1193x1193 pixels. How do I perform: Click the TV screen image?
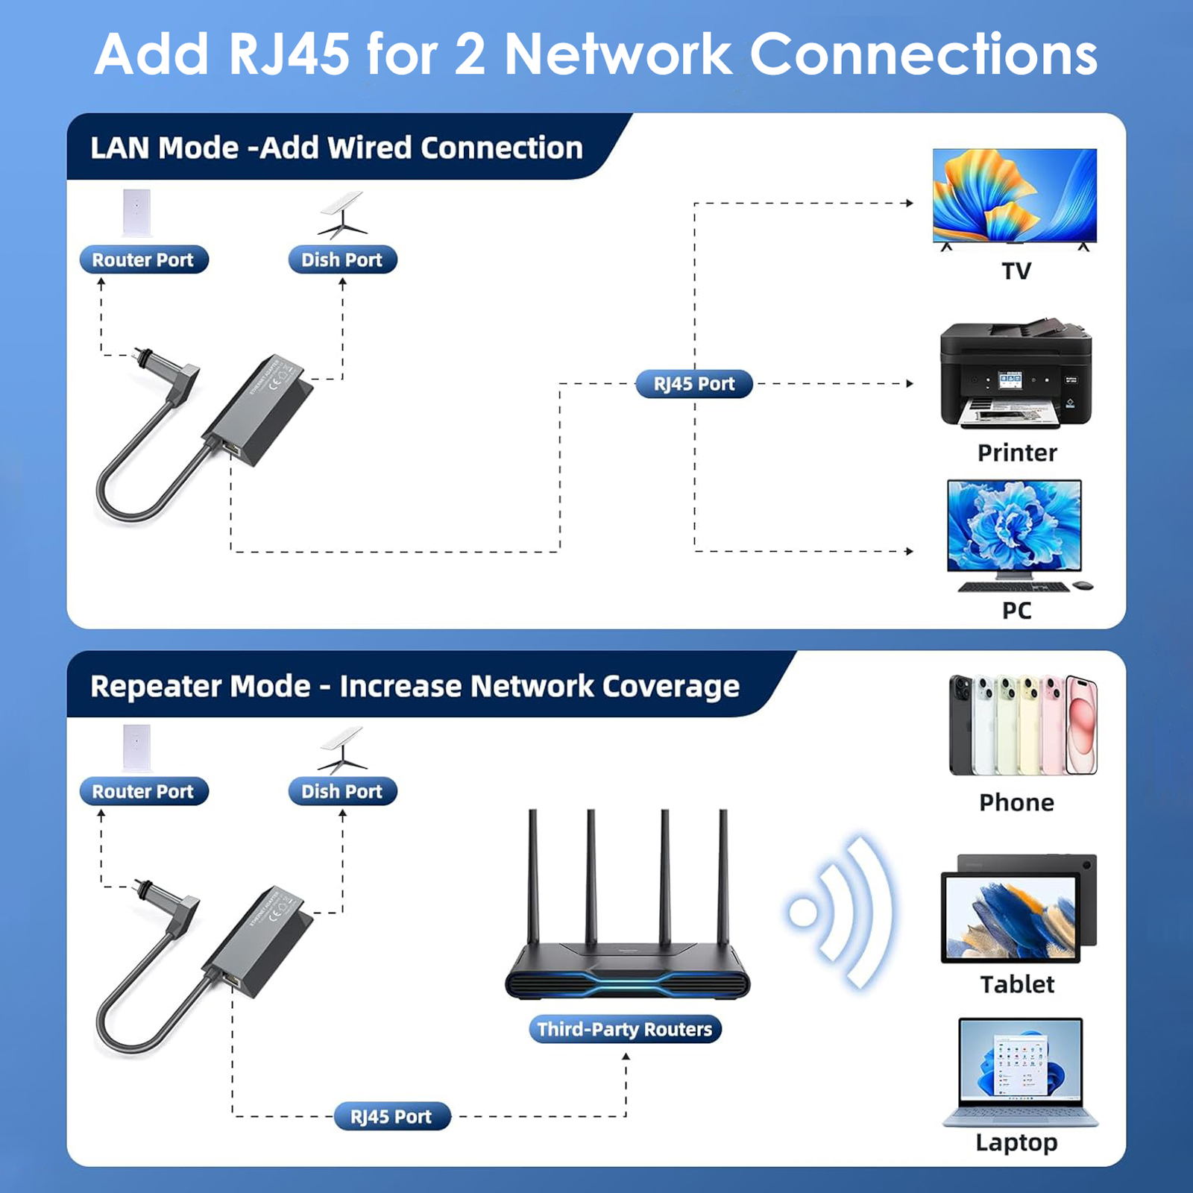[x=1014, y=195]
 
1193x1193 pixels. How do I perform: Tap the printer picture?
[x=1016, y=377]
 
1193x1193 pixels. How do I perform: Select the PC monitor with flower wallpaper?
[x=1014, y=526]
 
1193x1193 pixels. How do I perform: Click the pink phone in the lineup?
[x=1081, y=725]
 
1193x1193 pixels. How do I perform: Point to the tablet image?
[x=1018, y=910]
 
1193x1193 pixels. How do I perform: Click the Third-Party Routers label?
[x=625, y=1030]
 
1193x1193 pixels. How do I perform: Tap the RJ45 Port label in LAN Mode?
[x=693, y=384]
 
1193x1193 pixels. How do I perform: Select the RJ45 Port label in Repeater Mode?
[x=391, y=1116]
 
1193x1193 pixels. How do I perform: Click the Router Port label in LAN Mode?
[x=143, y=259]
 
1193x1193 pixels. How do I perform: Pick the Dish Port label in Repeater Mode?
[x=342, y=791]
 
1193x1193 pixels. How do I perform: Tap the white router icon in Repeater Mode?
[x=136, y=746]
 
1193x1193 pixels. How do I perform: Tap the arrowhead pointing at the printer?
[x=910, y=384]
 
